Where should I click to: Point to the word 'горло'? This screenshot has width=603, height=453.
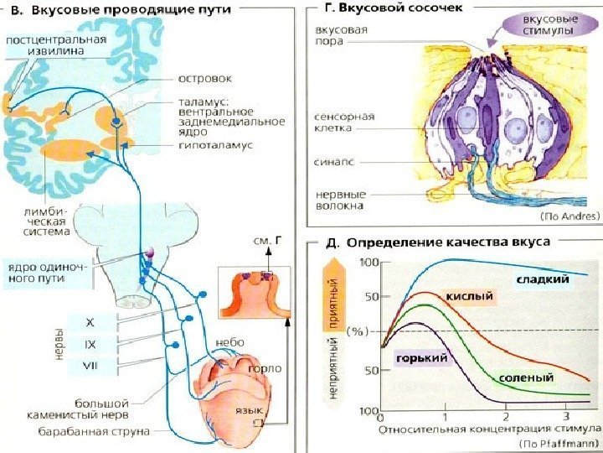tap(265, 367)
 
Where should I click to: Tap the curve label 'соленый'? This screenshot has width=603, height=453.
tap(527, 378)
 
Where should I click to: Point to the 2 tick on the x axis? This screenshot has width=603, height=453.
tap(505, 417)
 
